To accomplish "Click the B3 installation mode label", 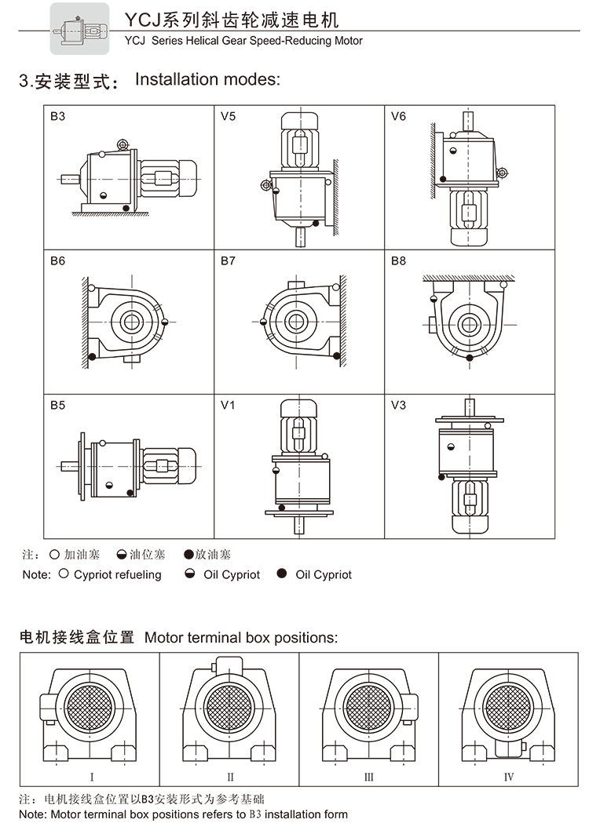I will point(57,117).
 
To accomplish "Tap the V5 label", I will point(228,117).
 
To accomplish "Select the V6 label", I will point(398,117).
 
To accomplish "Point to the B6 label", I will point(57,261).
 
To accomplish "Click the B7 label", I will point(228,261).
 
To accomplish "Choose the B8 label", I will point(398,261).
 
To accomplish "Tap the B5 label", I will point(57,406).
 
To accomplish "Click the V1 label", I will point(228,406).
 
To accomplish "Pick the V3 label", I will point(398,406).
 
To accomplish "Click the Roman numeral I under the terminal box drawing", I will point(92,777).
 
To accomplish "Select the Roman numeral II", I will point(230,777).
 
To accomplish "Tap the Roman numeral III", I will point(368,777).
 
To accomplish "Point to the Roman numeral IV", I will point(509,777).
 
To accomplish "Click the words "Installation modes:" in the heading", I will point(207,79).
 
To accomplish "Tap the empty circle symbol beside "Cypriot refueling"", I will point(64,574).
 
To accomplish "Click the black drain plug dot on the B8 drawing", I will point(470,357).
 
